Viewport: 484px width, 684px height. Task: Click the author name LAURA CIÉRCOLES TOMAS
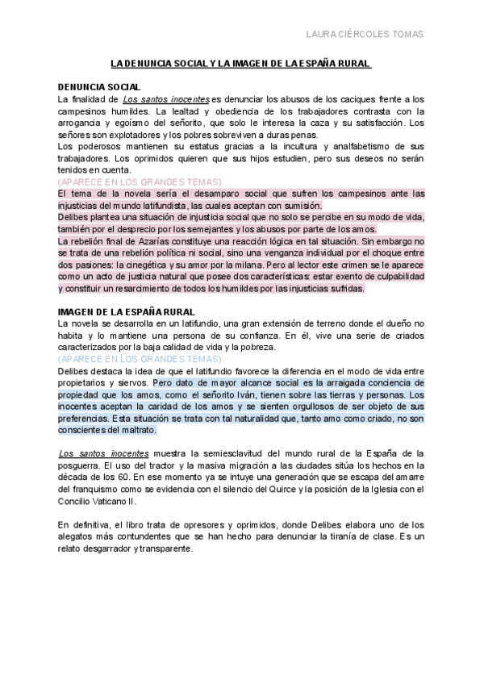tap(365, 34)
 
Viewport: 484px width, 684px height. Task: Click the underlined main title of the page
tap(241, 64)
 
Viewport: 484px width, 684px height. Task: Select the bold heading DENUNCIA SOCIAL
tap(100, 86)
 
